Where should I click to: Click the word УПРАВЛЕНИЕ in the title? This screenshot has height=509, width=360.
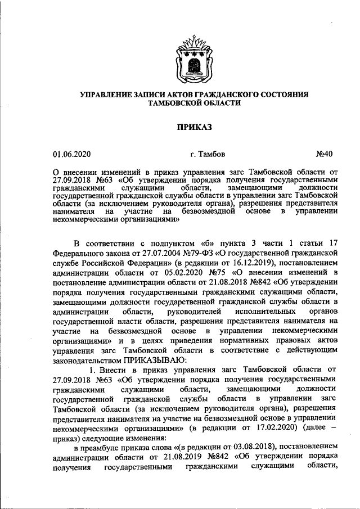(108, 94)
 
